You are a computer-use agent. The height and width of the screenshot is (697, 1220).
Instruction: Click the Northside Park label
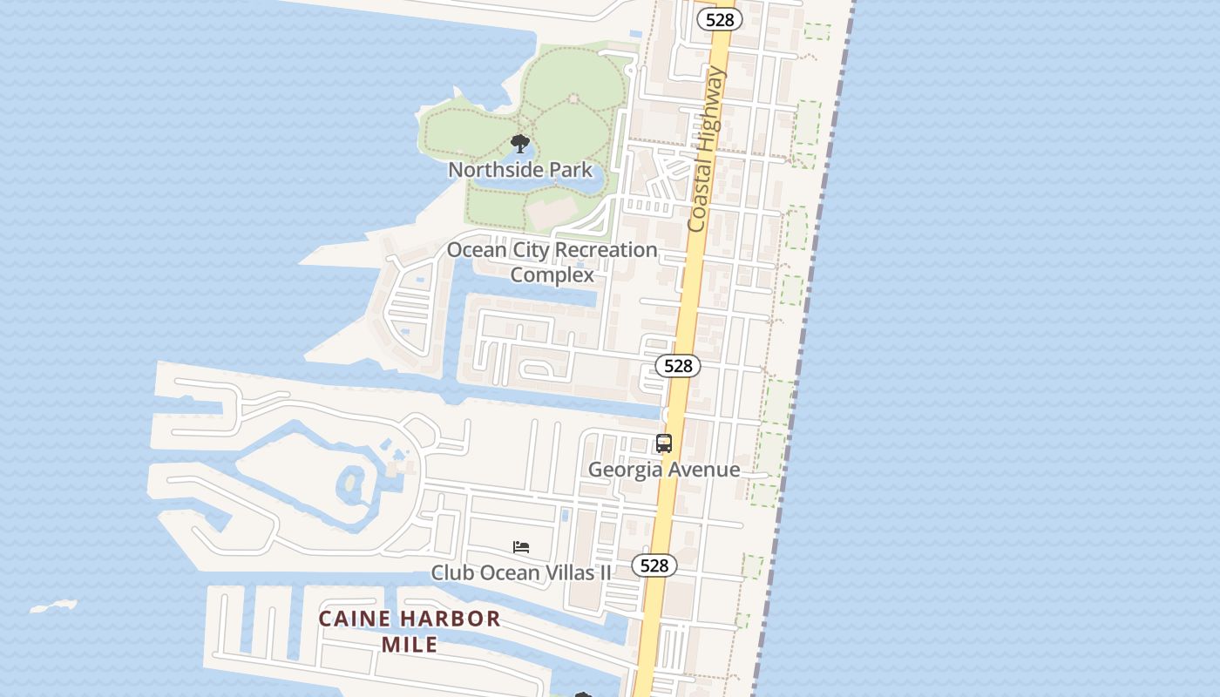pos(520,170)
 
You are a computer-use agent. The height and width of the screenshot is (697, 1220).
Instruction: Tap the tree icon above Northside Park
pos(520,144)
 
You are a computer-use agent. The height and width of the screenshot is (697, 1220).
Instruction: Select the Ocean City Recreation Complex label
pos(552,262)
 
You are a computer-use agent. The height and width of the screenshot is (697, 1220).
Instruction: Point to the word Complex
pos(552,275)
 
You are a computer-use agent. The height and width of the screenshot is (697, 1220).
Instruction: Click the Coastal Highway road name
pos(707,151)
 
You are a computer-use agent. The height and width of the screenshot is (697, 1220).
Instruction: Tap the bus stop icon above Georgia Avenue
pos(664,443)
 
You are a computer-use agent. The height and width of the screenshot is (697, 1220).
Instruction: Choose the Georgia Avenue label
pos(664,470)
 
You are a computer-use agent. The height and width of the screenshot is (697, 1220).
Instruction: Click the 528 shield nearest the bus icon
pos(677,367)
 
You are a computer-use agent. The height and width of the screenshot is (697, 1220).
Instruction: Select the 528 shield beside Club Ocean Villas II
pos(654,565)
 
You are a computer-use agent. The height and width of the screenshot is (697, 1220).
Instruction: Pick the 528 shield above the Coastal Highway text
pos(719,19)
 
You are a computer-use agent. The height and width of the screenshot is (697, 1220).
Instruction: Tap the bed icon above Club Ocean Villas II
pos(521,547)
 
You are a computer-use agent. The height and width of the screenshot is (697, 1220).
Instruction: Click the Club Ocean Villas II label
pos(521,573)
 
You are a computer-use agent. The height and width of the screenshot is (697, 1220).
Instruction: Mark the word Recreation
pos(606,250)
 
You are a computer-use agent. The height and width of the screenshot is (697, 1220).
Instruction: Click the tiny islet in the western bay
pos(54,606)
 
